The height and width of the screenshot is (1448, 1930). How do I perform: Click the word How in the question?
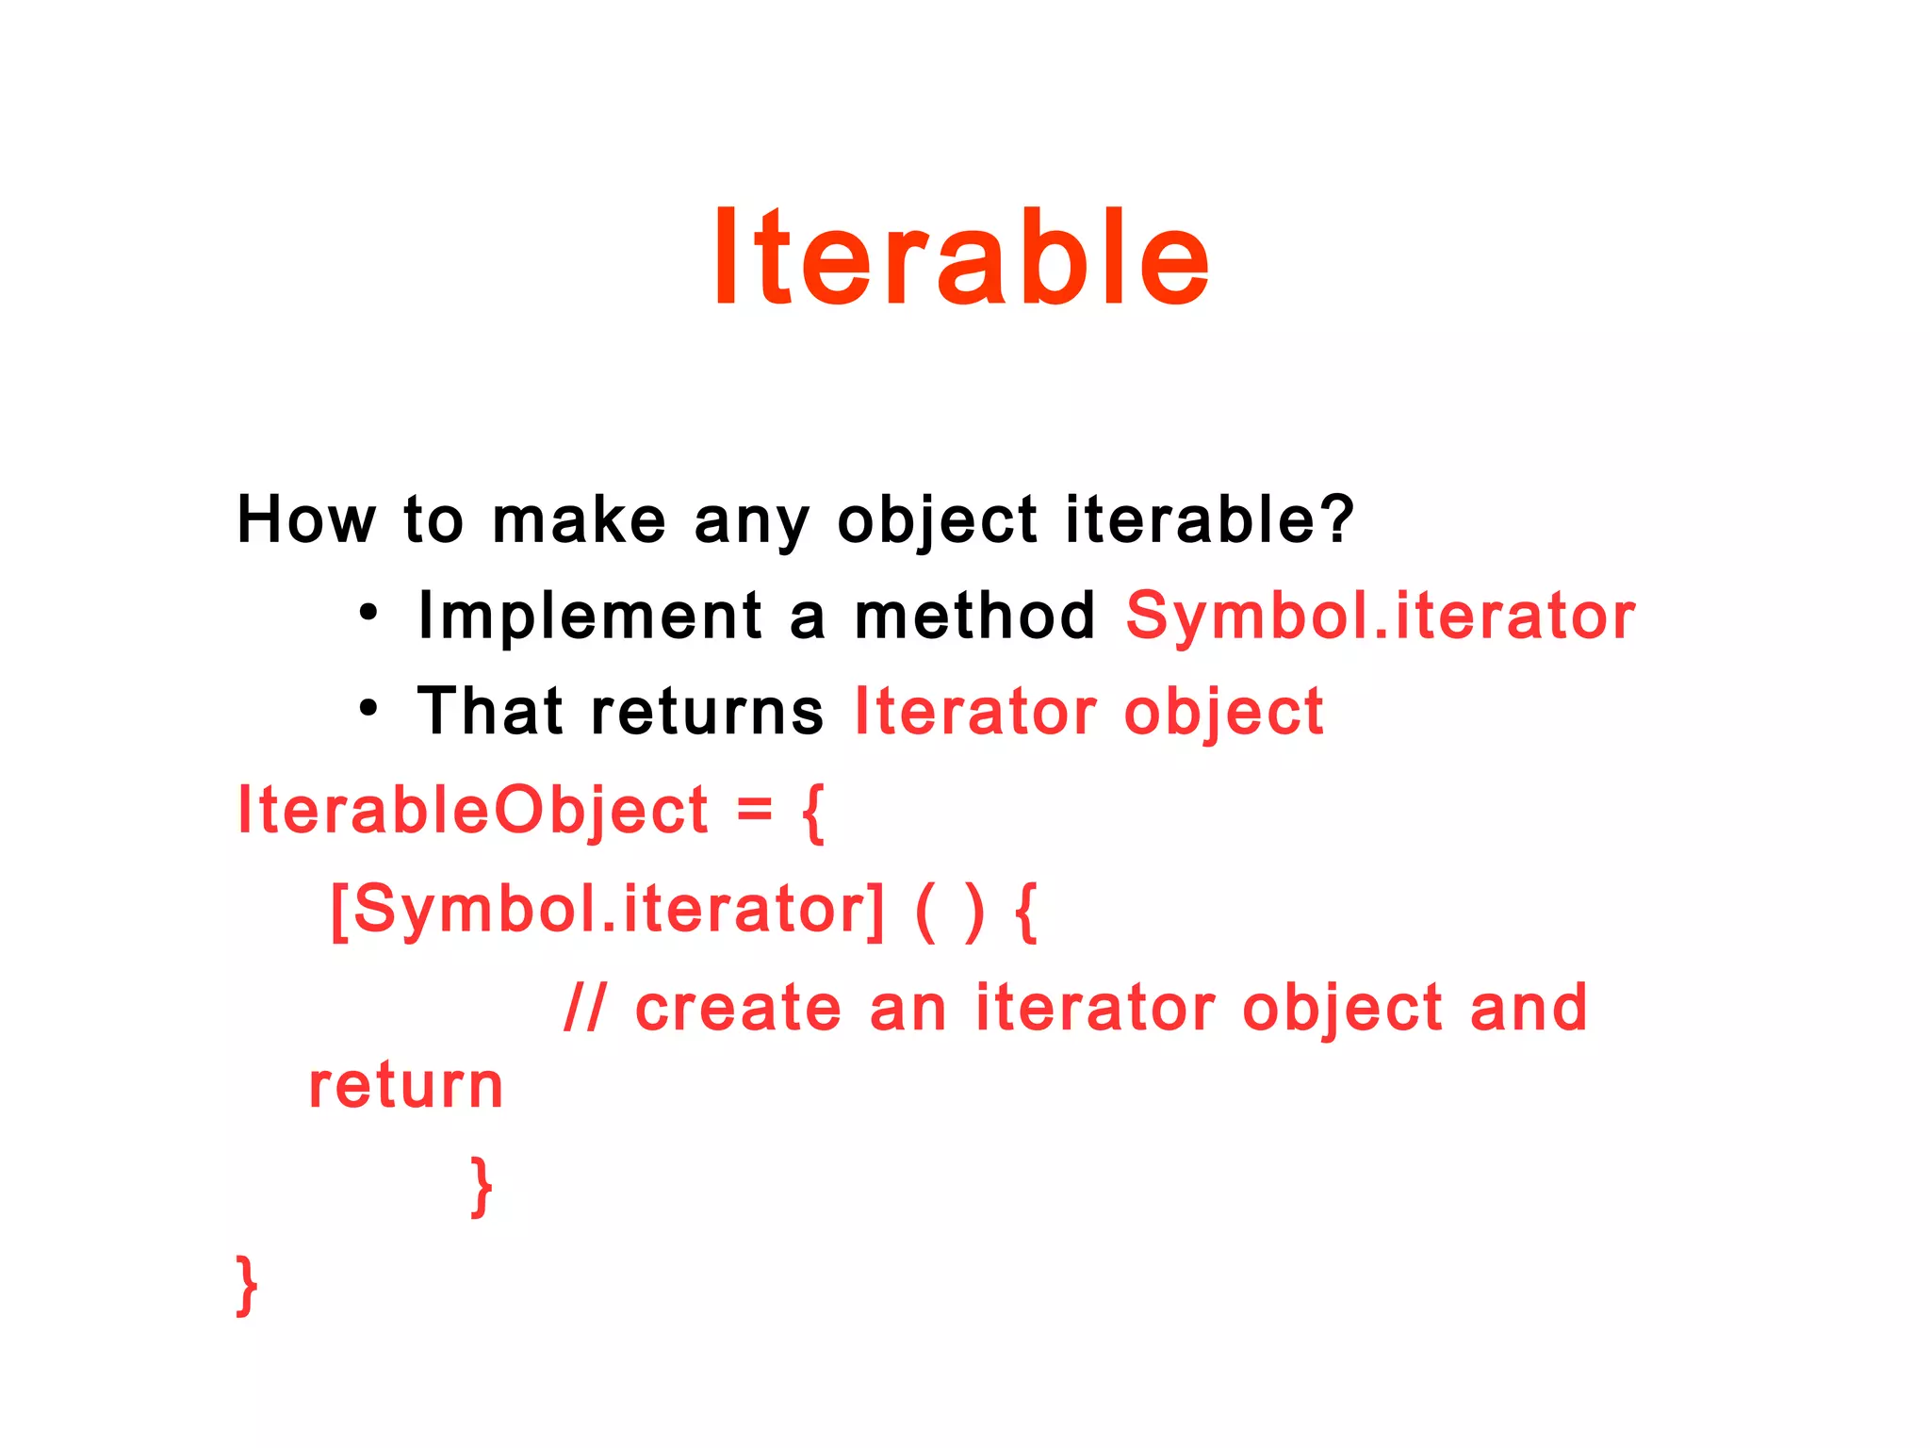(x=305, y=519)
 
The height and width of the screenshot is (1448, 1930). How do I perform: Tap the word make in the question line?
(x=579, y=519)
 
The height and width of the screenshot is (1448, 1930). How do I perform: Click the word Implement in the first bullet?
(x=590, y=617)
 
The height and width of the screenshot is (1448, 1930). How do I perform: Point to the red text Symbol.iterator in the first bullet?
(x=1380, y=617)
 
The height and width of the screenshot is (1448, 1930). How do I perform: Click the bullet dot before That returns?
(x=368, y=709)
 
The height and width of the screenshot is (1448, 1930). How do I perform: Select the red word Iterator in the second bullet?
(x=974, y=712)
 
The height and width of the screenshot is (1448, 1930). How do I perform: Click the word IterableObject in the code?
(x=472, y=811)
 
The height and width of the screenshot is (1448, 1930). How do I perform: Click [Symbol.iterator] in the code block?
(x=608, y=910)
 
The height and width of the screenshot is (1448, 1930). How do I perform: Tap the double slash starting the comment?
(x=584, y=1008)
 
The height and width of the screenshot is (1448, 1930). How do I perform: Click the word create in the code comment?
(x=738, y=1008)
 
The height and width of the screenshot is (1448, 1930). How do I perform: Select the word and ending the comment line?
(x=1528, y=1008)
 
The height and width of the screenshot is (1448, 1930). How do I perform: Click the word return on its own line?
(x=406, y=1086)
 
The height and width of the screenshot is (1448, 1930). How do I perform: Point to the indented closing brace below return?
(x=482, y=1186)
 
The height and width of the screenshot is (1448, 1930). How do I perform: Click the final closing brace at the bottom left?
(x=246, y=1284)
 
